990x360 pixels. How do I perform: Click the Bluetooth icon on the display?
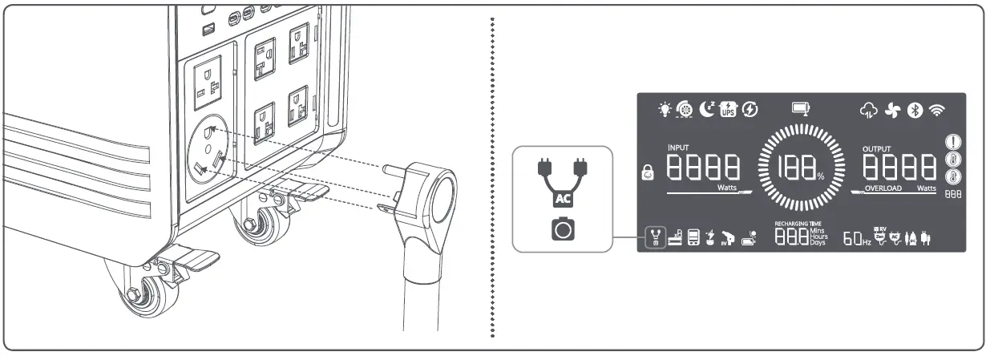(x=915, y=111)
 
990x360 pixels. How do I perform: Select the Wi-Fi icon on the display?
(x=935, y=111)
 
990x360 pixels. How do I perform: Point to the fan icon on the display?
(x=893, y=111)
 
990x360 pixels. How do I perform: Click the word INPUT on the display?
(x=678, y=148)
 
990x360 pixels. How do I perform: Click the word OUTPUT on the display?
(x=875, y=149)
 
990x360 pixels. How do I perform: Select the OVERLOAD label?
(x=884, y=188)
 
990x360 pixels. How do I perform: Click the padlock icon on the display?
(x=648, y=172)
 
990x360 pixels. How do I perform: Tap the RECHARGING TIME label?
(x=798, y=223)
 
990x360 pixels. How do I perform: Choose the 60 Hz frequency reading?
(x=857, y=239)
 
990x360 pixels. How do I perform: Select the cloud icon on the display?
(x=870, y=111)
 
